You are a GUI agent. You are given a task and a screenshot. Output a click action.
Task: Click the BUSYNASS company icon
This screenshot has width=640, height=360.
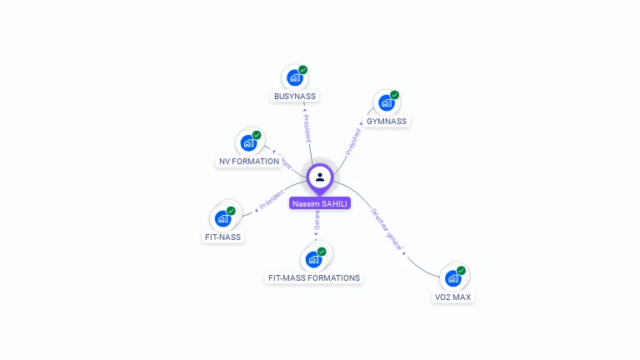pos(294,77)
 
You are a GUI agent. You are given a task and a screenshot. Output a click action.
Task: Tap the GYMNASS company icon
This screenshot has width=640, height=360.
pos(386,102)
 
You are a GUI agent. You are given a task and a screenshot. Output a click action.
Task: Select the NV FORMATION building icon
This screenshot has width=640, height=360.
pos(248,142)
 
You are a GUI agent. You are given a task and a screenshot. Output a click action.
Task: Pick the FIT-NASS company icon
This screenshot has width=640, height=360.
pos(222,218)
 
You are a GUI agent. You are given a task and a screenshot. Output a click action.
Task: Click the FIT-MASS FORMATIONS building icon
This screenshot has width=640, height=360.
pos(313,258)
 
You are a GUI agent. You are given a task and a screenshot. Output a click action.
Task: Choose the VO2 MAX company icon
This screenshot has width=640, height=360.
pos(453,278)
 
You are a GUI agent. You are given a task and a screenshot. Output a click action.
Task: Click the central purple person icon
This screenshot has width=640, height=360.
pos(320,177)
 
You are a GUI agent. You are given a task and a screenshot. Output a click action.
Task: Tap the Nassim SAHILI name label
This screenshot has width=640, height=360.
pos(320,203)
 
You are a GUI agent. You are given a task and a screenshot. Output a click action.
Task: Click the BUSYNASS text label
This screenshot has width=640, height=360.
pos(295,96)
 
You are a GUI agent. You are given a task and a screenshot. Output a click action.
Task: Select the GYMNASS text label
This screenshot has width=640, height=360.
pos(387,121)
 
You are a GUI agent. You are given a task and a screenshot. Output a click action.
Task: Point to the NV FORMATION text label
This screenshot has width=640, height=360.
pos(249,161)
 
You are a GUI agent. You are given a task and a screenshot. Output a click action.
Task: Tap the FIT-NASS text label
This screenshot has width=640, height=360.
pos(222,237)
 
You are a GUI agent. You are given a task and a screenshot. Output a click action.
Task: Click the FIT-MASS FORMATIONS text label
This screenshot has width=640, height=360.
pos(314,277)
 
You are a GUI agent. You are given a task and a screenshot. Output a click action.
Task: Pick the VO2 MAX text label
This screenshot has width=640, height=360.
pos(454,297)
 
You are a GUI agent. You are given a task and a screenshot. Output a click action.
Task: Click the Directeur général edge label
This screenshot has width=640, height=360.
pos(387,230)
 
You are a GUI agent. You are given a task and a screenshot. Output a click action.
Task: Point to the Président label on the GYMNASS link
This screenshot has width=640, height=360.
pos(353,142)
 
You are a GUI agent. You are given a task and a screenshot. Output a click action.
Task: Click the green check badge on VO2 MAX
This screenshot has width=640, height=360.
pos(461,271)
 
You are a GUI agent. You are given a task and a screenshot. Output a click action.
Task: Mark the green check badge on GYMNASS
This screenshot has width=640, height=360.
pos(394,95)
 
